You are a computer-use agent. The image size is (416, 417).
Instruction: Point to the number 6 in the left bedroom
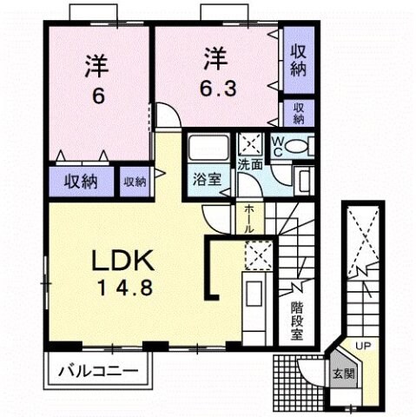(x=97, y=95)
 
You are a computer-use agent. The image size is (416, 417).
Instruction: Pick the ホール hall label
(x=248, y=217)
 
